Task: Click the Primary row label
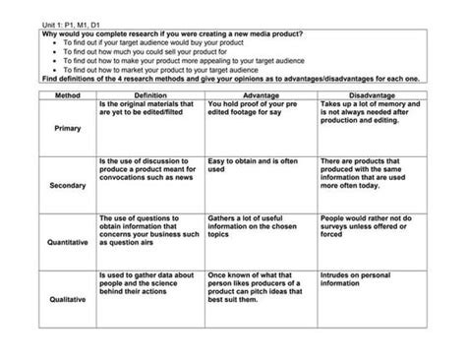[67, 129]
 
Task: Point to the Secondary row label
[67, 185]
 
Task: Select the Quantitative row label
[67, 241]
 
